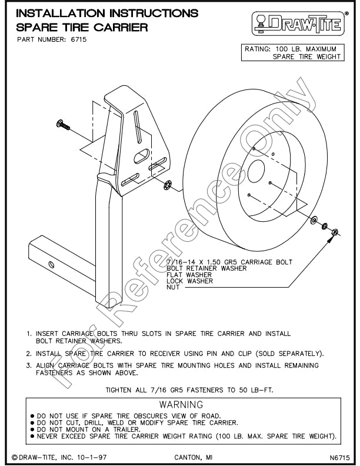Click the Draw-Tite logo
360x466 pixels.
click(299, 23)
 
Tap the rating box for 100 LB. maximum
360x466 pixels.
click(292, 52)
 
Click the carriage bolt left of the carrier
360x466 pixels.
click(63, 124)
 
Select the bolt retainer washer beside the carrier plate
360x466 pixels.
click(167, 186)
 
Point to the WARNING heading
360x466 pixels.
click(181, 405)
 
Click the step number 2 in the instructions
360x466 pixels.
click(28, 354)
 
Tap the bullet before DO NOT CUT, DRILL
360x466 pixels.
click(31, 423)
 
